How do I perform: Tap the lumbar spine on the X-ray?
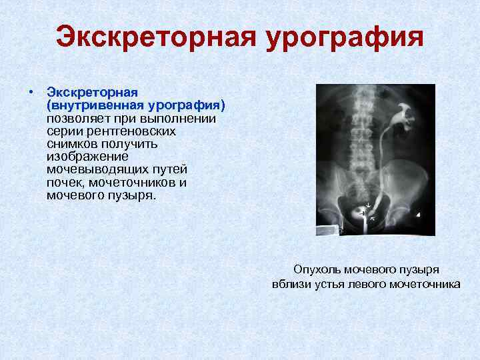point(361,133)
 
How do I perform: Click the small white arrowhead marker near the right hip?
point(417,214)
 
